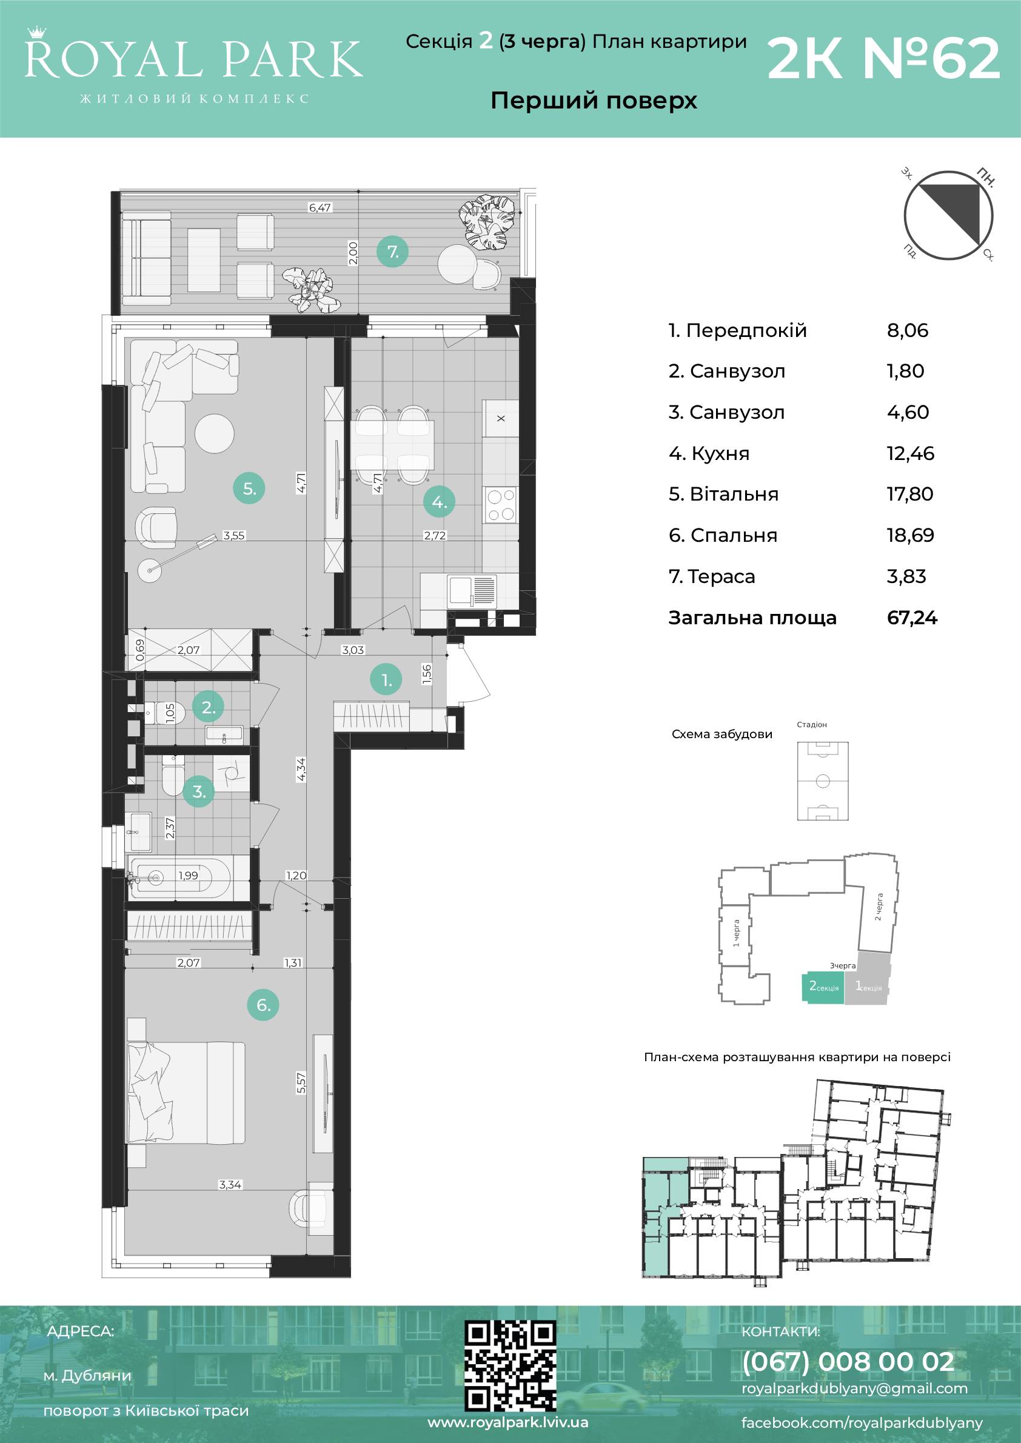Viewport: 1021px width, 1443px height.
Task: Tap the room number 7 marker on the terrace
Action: pos(393,252)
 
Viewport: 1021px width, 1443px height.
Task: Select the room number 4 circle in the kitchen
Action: pos(439,502)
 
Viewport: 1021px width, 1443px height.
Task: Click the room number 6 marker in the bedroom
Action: pos(263,1005)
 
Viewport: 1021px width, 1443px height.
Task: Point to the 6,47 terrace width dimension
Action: pos(320,207)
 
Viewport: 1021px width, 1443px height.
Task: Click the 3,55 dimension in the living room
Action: pos(234,536)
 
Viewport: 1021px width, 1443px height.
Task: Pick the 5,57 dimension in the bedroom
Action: pos(301,1083)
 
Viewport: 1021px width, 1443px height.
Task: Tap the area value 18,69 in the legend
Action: pos(910,536)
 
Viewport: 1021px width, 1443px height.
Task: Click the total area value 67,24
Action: pos(912,618)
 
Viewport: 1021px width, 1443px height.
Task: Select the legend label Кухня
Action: pos(720,453)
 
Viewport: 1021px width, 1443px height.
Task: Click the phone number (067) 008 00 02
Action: pos(848,1362)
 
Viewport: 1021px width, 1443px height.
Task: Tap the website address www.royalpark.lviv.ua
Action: pos(507,1422)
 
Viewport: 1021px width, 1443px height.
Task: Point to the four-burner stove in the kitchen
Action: pos(500,505)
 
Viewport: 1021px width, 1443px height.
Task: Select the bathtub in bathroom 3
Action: pos(179,875)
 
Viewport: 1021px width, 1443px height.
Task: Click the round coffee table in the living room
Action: pos(215,432)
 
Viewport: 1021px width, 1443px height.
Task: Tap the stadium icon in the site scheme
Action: pos(822,781)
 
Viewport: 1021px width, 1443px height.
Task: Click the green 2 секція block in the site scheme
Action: pos(823,987)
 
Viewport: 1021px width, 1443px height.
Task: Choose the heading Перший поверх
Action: pos(594,101)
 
